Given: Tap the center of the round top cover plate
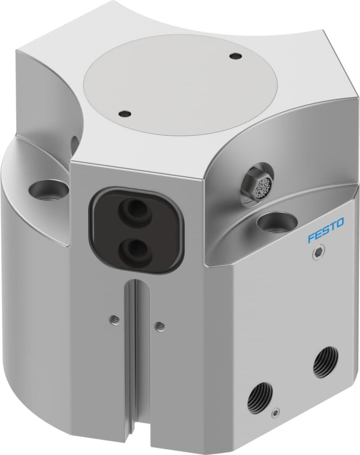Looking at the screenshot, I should pos(181,84).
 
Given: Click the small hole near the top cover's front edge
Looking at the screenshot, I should pos(126,114).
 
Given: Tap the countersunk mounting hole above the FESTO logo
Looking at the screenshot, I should pos(274,222).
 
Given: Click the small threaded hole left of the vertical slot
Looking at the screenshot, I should pos(115,319).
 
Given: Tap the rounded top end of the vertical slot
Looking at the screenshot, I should pos(137,285).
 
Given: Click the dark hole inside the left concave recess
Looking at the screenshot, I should pos(74,143).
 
